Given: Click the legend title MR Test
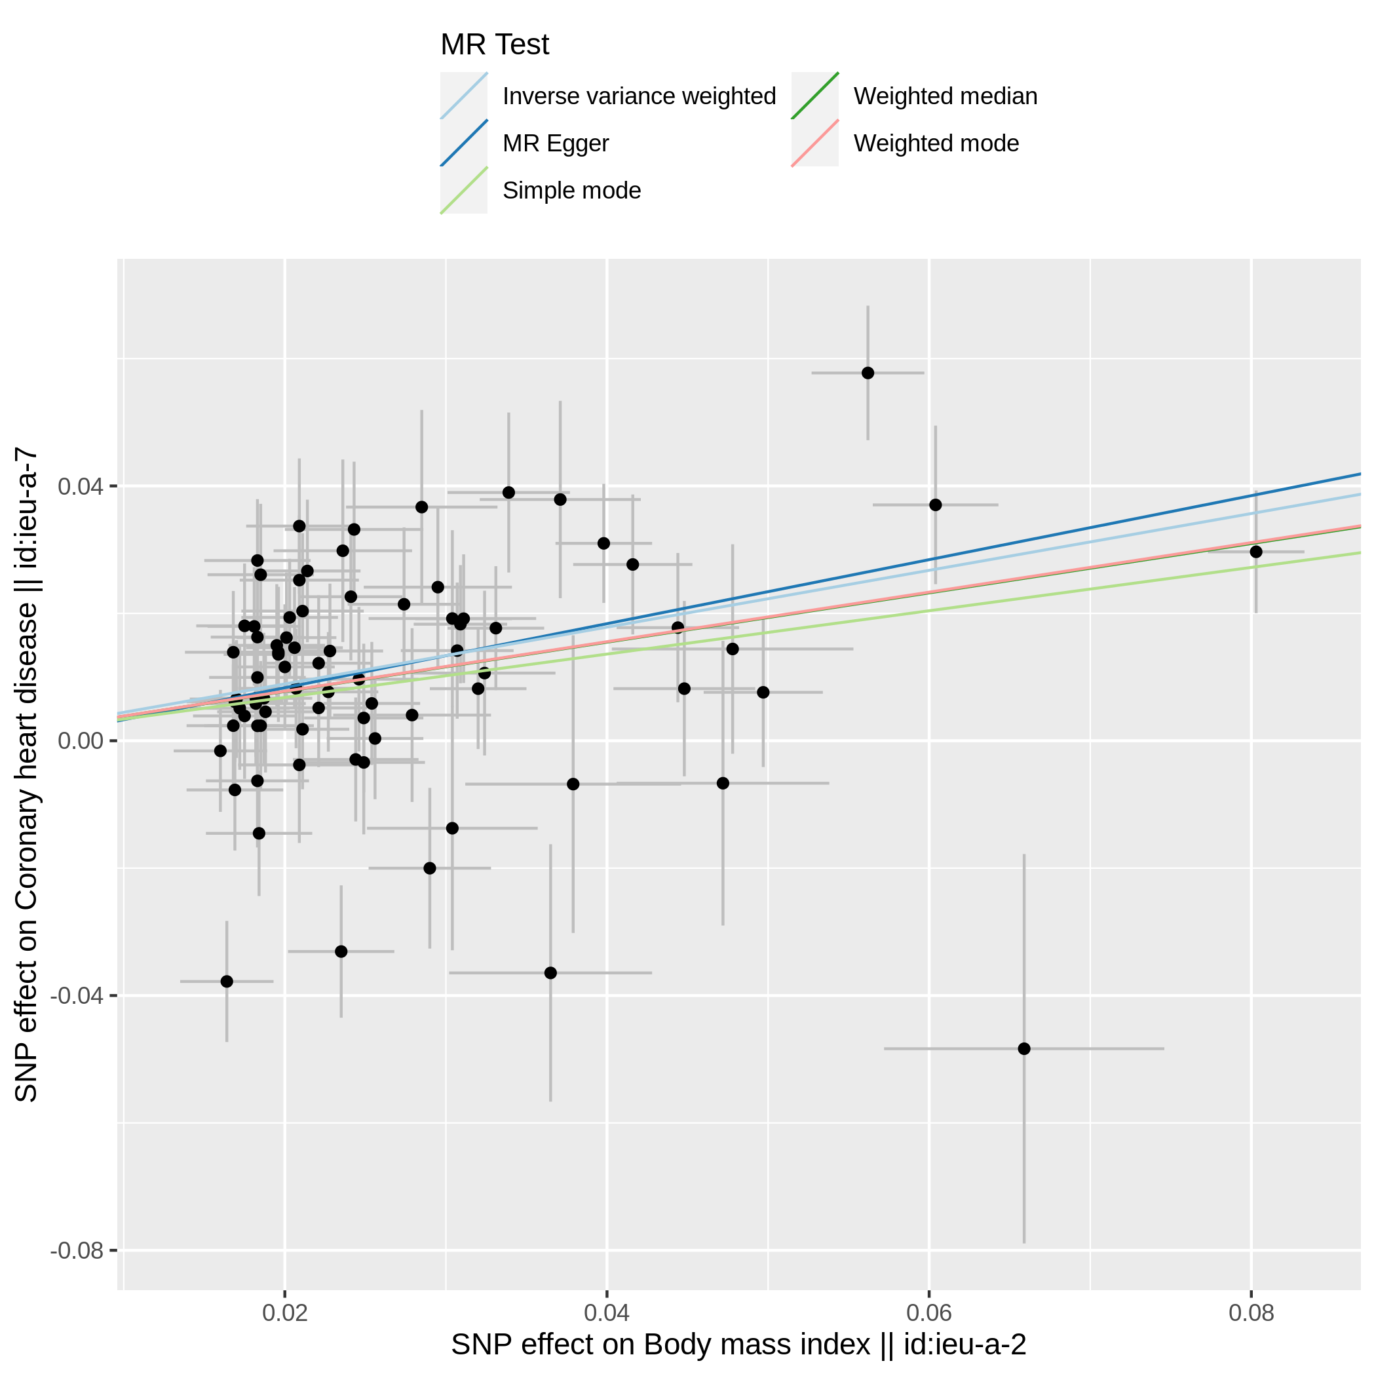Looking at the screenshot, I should click(x=494, y=45).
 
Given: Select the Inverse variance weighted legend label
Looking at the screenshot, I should click(x=639, y=96).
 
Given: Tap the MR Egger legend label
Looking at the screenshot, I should click(x=556, y=143).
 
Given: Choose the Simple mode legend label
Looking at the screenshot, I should click(x=571, y=190).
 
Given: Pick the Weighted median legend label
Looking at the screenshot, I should click(x=945, y=96).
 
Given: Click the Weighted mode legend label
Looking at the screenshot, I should click(x=936, y=143).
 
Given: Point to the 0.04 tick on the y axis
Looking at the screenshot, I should click(x=81, y=487).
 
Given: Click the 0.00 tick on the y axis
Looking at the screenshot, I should click(x=81, y=742).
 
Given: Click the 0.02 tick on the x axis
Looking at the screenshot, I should click(x=285, y=1312).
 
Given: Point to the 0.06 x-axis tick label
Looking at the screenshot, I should click(x=928, y=1312).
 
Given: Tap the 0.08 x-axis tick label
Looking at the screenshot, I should click(x=1252, y=1312).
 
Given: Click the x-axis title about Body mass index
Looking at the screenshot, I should click(x=738, y=1345).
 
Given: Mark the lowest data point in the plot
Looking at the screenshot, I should click(x=1024, y=1049).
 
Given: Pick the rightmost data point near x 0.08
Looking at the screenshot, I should click(x=1256, y=552).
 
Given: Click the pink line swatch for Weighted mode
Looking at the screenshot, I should click(x=814, y=143).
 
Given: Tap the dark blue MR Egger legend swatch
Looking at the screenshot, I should click(x=464, y=143).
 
